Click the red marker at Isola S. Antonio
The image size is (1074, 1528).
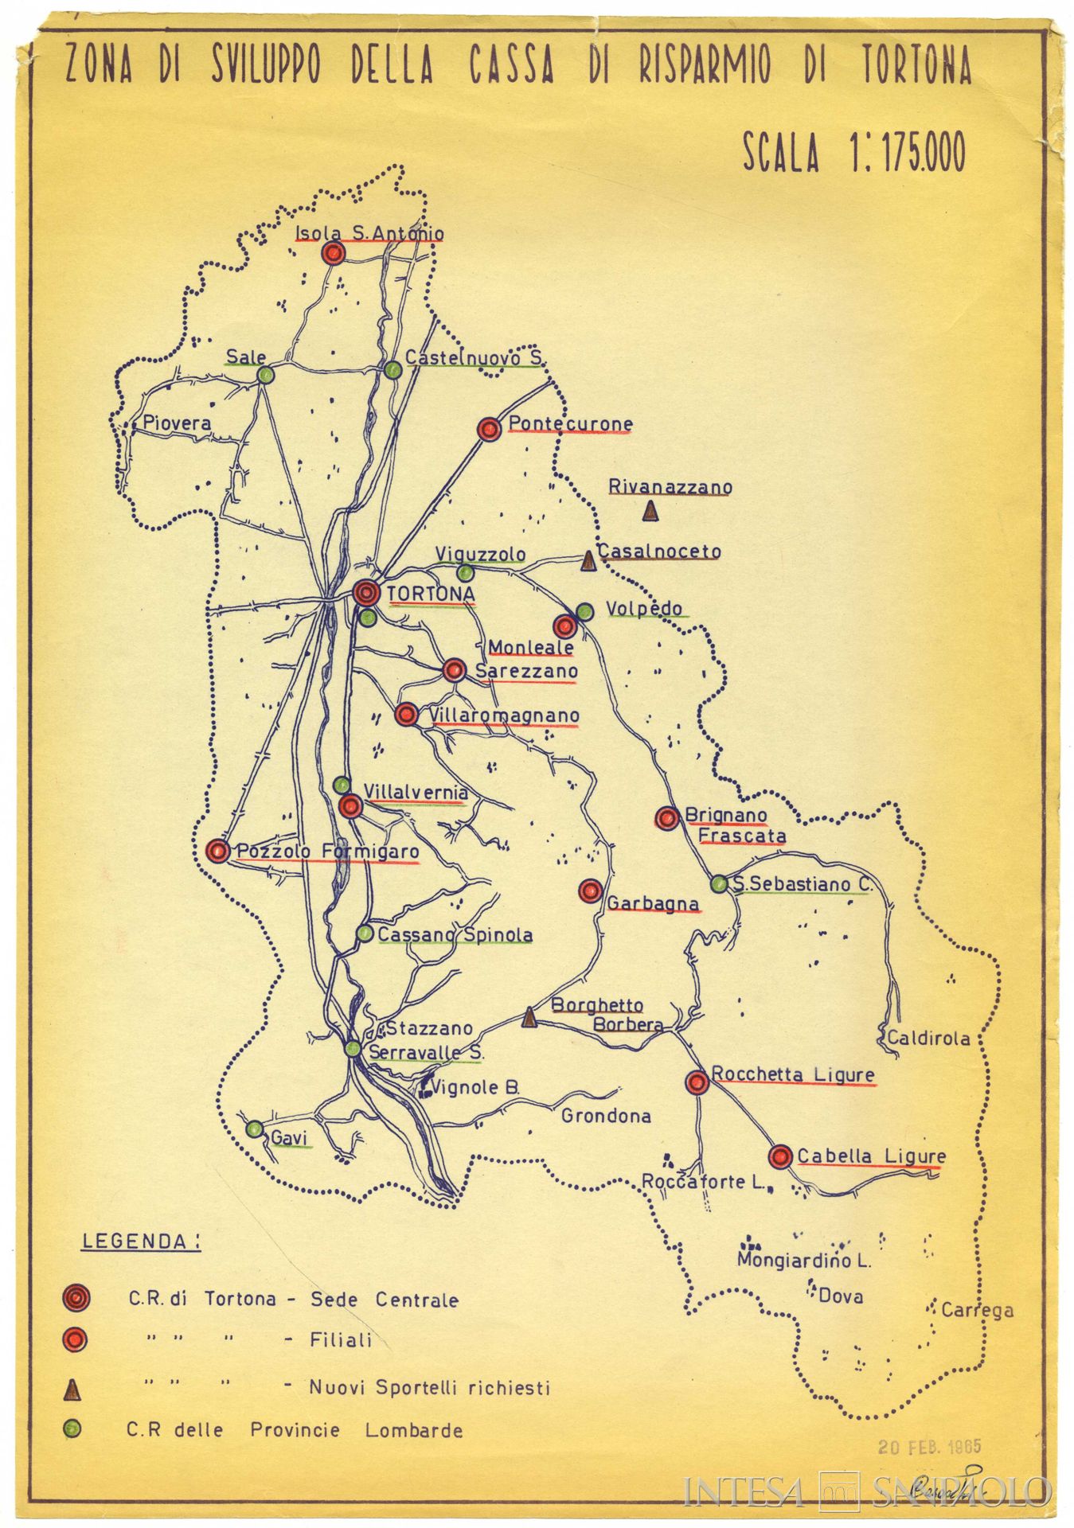point(334,254)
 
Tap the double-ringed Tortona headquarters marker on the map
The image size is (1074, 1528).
point(366,592)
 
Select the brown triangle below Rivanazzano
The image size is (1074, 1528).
point(650,511)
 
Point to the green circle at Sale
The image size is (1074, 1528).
point(266,374)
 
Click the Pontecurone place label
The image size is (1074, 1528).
point(570,423)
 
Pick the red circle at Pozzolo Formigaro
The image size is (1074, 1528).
point(217,851)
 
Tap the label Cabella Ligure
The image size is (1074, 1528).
point(871,1156)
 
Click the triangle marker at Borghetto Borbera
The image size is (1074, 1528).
point(529,1017)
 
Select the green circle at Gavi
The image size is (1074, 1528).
point(255,1128)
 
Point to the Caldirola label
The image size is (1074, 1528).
point(928,1038)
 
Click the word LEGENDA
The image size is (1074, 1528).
point(140,1241)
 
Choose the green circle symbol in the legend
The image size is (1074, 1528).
point(72,1430)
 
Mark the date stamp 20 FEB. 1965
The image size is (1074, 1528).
point(929,1446)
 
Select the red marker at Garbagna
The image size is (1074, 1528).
point(590,891)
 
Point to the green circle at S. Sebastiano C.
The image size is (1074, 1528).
point(719,883)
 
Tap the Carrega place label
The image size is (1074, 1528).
point(977,1310)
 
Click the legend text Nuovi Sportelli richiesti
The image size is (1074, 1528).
point(429,1388)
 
